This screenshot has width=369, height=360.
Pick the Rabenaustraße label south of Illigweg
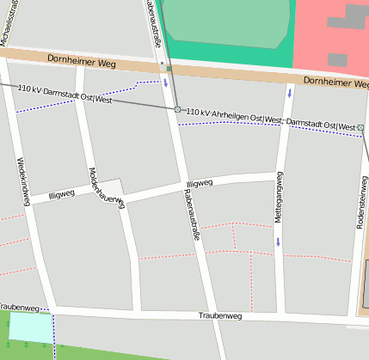tap(189, 214)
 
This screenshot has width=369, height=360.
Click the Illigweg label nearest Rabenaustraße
tap(199, 184)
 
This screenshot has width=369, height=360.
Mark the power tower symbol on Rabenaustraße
tap(177, 110)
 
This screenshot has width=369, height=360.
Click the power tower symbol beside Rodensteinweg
tap(361, 128)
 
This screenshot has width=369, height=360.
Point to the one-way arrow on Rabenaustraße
tap(165, 83)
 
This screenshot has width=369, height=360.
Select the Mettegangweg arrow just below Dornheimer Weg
tap(290, 92)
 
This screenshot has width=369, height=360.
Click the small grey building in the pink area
tap(337, 60)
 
